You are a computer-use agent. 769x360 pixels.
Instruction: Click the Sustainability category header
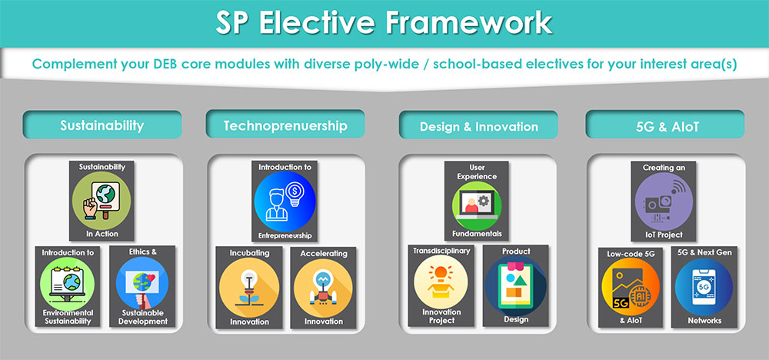[102, 125]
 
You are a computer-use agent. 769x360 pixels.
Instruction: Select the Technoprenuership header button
[285, 125]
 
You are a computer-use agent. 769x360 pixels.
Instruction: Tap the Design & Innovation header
[478, 126]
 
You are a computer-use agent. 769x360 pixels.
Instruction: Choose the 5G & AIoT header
[665, 126]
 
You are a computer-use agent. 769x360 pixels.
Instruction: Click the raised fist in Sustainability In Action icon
[91, 208]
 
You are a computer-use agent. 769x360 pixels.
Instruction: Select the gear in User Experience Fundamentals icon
[484, 201]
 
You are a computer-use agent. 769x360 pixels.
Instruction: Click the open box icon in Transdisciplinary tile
[441, 282]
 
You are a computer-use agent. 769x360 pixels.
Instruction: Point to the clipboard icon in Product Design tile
[515, 285]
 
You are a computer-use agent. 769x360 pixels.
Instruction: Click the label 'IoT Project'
[663, 235]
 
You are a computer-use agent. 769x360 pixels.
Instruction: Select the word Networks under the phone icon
[704, 320]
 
